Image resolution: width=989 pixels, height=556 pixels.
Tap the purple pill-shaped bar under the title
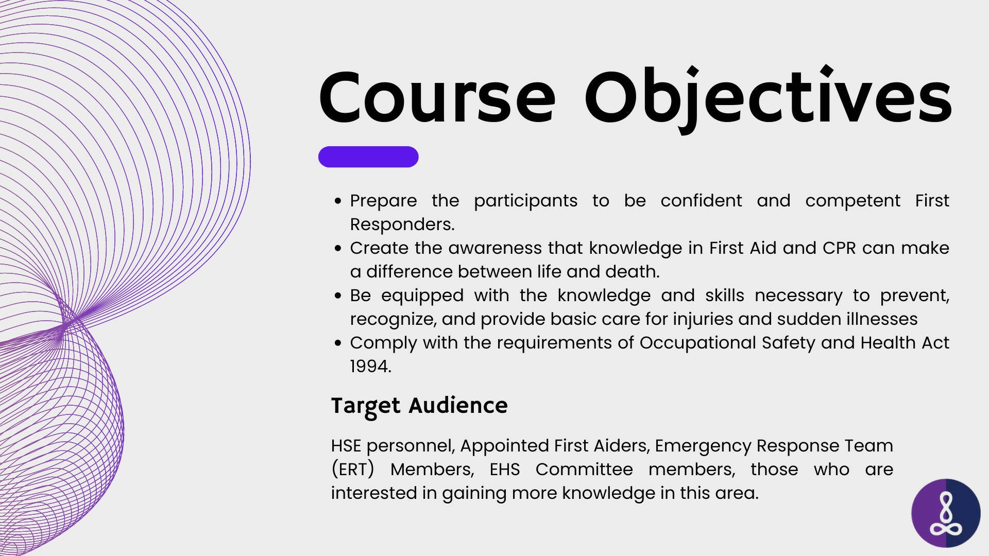(x=368, y=157)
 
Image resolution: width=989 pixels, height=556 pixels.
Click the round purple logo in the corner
(x=946, y=513)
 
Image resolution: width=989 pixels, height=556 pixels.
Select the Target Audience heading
(x=419, y=406)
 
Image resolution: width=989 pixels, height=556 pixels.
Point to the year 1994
(x=370, y=366)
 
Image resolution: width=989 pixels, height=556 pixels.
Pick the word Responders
(x=402, y=225)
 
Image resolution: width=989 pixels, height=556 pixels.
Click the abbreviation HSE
(x=346, y=445)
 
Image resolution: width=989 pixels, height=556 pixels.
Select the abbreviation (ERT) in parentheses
(x=352, y=470)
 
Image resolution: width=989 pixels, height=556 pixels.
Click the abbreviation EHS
(x=504, y=469)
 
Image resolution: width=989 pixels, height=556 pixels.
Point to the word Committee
(x=584, y=469)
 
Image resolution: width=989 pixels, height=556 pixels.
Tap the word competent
(x=852, y=201)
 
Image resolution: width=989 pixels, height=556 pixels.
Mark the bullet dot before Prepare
(x=338, y=201)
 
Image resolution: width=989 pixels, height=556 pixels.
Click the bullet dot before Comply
(x=338, y=343)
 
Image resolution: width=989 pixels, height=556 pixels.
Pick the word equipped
(x=422, y=296)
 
